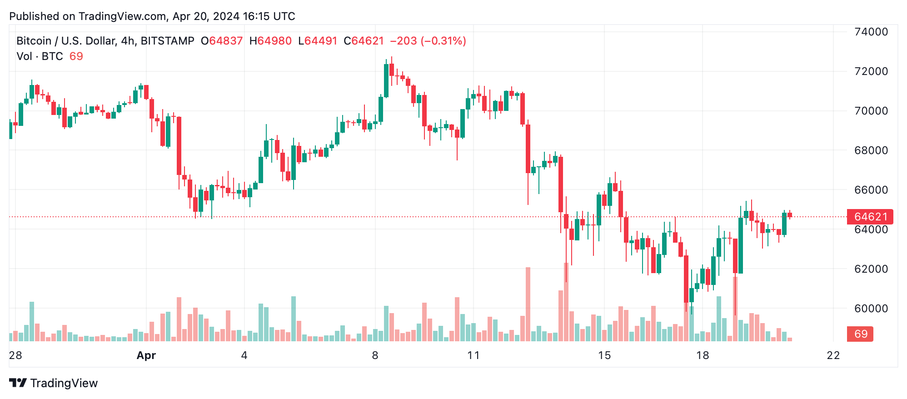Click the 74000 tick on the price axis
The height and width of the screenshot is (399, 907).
tap(871, 32)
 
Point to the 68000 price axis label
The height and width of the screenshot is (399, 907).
tap(871, 150)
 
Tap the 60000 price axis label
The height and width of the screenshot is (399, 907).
tap(871, 309)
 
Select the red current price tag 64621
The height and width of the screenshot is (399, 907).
tap(870, 217)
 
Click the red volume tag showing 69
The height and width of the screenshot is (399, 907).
tap(861, 334)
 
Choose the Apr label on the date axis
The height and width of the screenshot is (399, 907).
tap(146, 355)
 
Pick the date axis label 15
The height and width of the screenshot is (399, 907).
tap(604, 355)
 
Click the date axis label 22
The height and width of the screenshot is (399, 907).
tap(833, 355)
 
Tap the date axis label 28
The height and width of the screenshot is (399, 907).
tap(15, 355)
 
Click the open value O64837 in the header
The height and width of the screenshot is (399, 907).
tap(222, 41)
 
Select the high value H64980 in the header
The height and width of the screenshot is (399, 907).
tap(270, 41)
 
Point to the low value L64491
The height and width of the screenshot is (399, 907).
tap(318, 41)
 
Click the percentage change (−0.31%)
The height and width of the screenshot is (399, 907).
tap(443, 41)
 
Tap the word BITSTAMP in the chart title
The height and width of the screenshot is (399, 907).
tap(167, 41)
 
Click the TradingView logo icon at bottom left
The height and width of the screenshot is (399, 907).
tap(18, 383)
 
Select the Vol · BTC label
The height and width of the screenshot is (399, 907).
tap(40, 56)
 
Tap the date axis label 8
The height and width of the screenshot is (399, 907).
tap(375, 355)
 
